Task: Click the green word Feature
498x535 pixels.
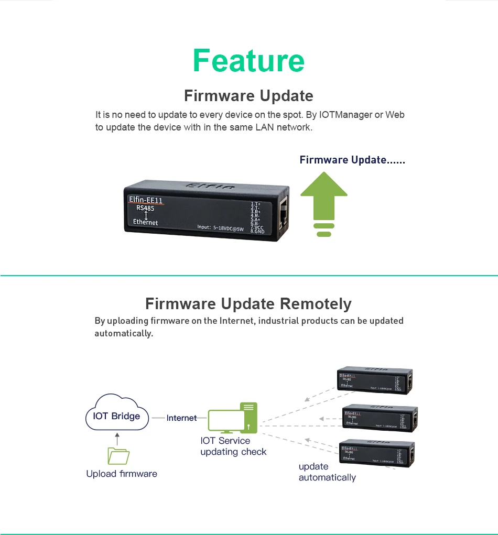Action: coord(248,60)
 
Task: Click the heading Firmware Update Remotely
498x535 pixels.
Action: coord(248,304)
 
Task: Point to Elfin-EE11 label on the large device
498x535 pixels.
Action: coord(146,200)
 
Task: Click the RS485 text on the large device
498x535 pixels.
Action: coord(145,208)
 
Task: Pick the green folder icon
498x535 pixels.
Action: coord(118,456)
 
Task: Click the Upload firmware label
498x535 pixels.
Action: coord(122,474)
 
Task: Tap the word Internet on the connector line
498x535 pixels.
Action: coord(181,418)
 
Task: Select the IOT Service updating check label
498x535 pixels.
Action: coord(233,446)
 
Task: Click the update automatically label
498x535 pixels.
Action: coord(327,472)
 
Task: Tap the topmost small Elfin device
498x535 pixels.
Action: coord(375,380)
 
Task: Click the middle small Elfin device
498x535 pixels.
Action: coord(379,418)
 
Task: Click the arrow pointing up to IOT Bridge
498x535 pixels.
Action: coord(117,439)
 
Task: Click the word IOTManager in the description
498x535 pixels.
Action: coord(345,114)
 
